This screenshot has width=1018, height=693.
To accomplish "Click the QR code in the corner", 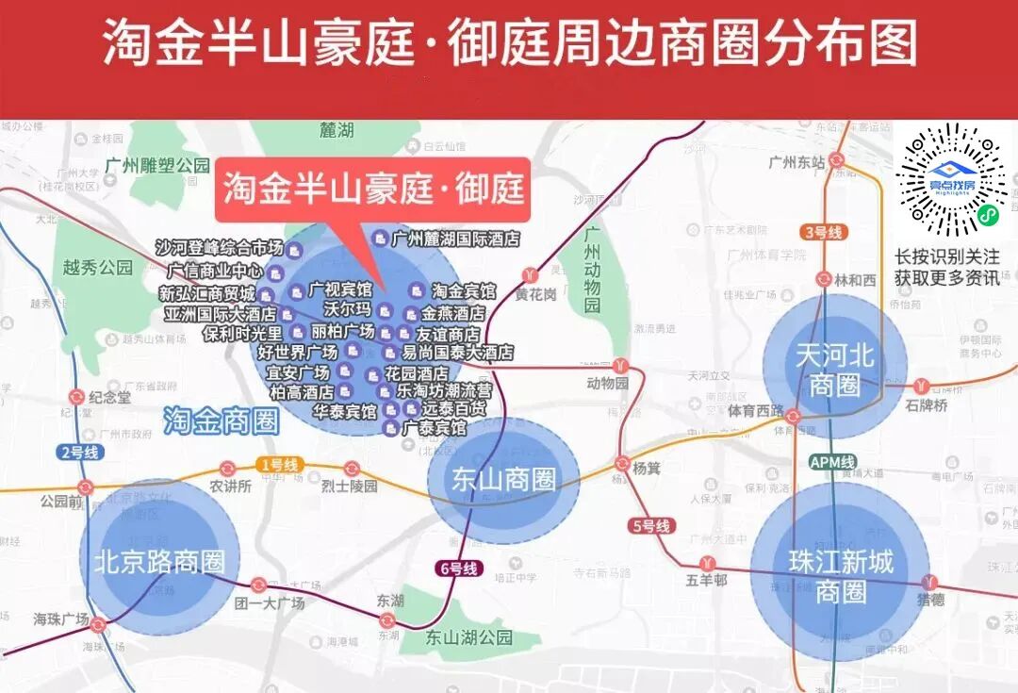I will point(951,178).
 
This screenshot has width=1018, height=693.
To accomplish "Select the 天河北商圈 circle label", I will point(834,370).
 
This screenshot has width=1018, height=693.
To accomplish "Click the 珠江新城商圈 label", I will point(840,577).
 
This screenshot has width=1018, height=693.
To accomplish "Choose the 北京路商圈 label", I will point(159,562).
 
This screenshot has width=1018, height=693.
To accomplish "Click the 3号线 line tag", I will point(823,232).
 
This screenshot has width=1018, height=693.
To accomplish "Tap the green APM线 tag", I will point(832,462).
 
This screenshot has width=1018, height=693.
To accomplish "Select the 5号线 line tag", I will point(650,526).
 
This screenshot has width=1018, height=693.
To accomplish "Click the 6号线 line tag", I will point(460,569).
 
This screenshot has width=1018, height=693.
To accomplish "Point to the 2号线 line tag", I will point(78,452).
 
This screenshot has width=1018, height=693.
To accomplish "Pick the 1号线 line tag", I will point(278,465).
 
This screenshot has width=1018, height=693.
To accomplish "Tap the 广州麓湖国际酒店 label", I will point(455,239).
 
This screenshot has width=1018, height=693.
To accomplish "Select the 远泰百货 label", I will point(453,409).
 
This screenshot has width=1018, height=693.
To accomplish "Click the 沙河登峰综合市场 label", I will point(220,248).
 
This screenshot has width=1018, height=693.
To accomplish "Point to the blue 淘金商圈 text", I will point(222,421).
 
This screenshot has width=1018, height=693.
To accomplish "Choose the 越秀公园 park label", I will point(98,267).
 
